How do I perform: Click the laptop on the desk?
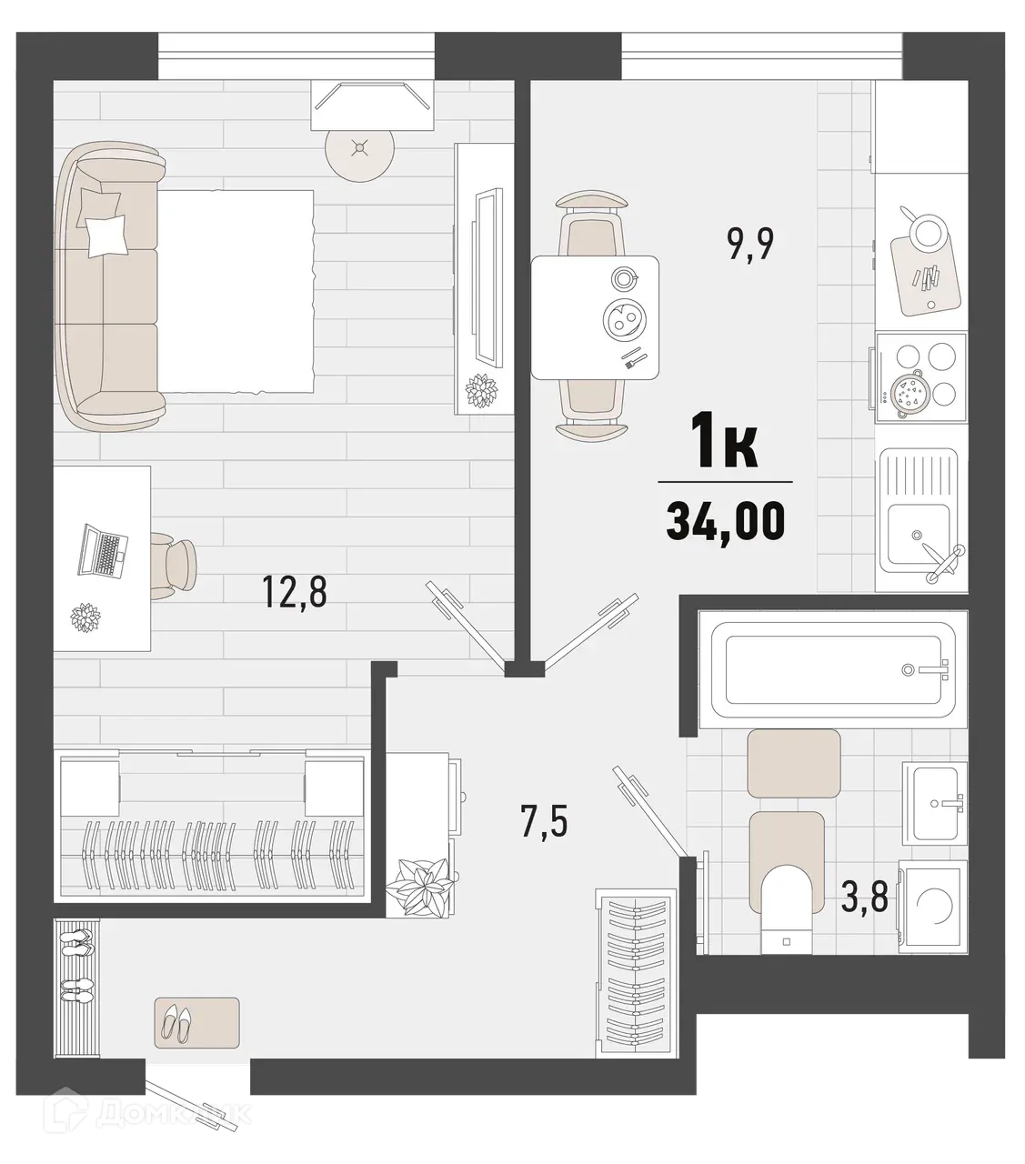coord(102,549)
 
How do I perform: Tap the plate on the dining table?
coord(623,318)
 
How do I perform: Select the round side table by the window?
coord(361,149)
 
